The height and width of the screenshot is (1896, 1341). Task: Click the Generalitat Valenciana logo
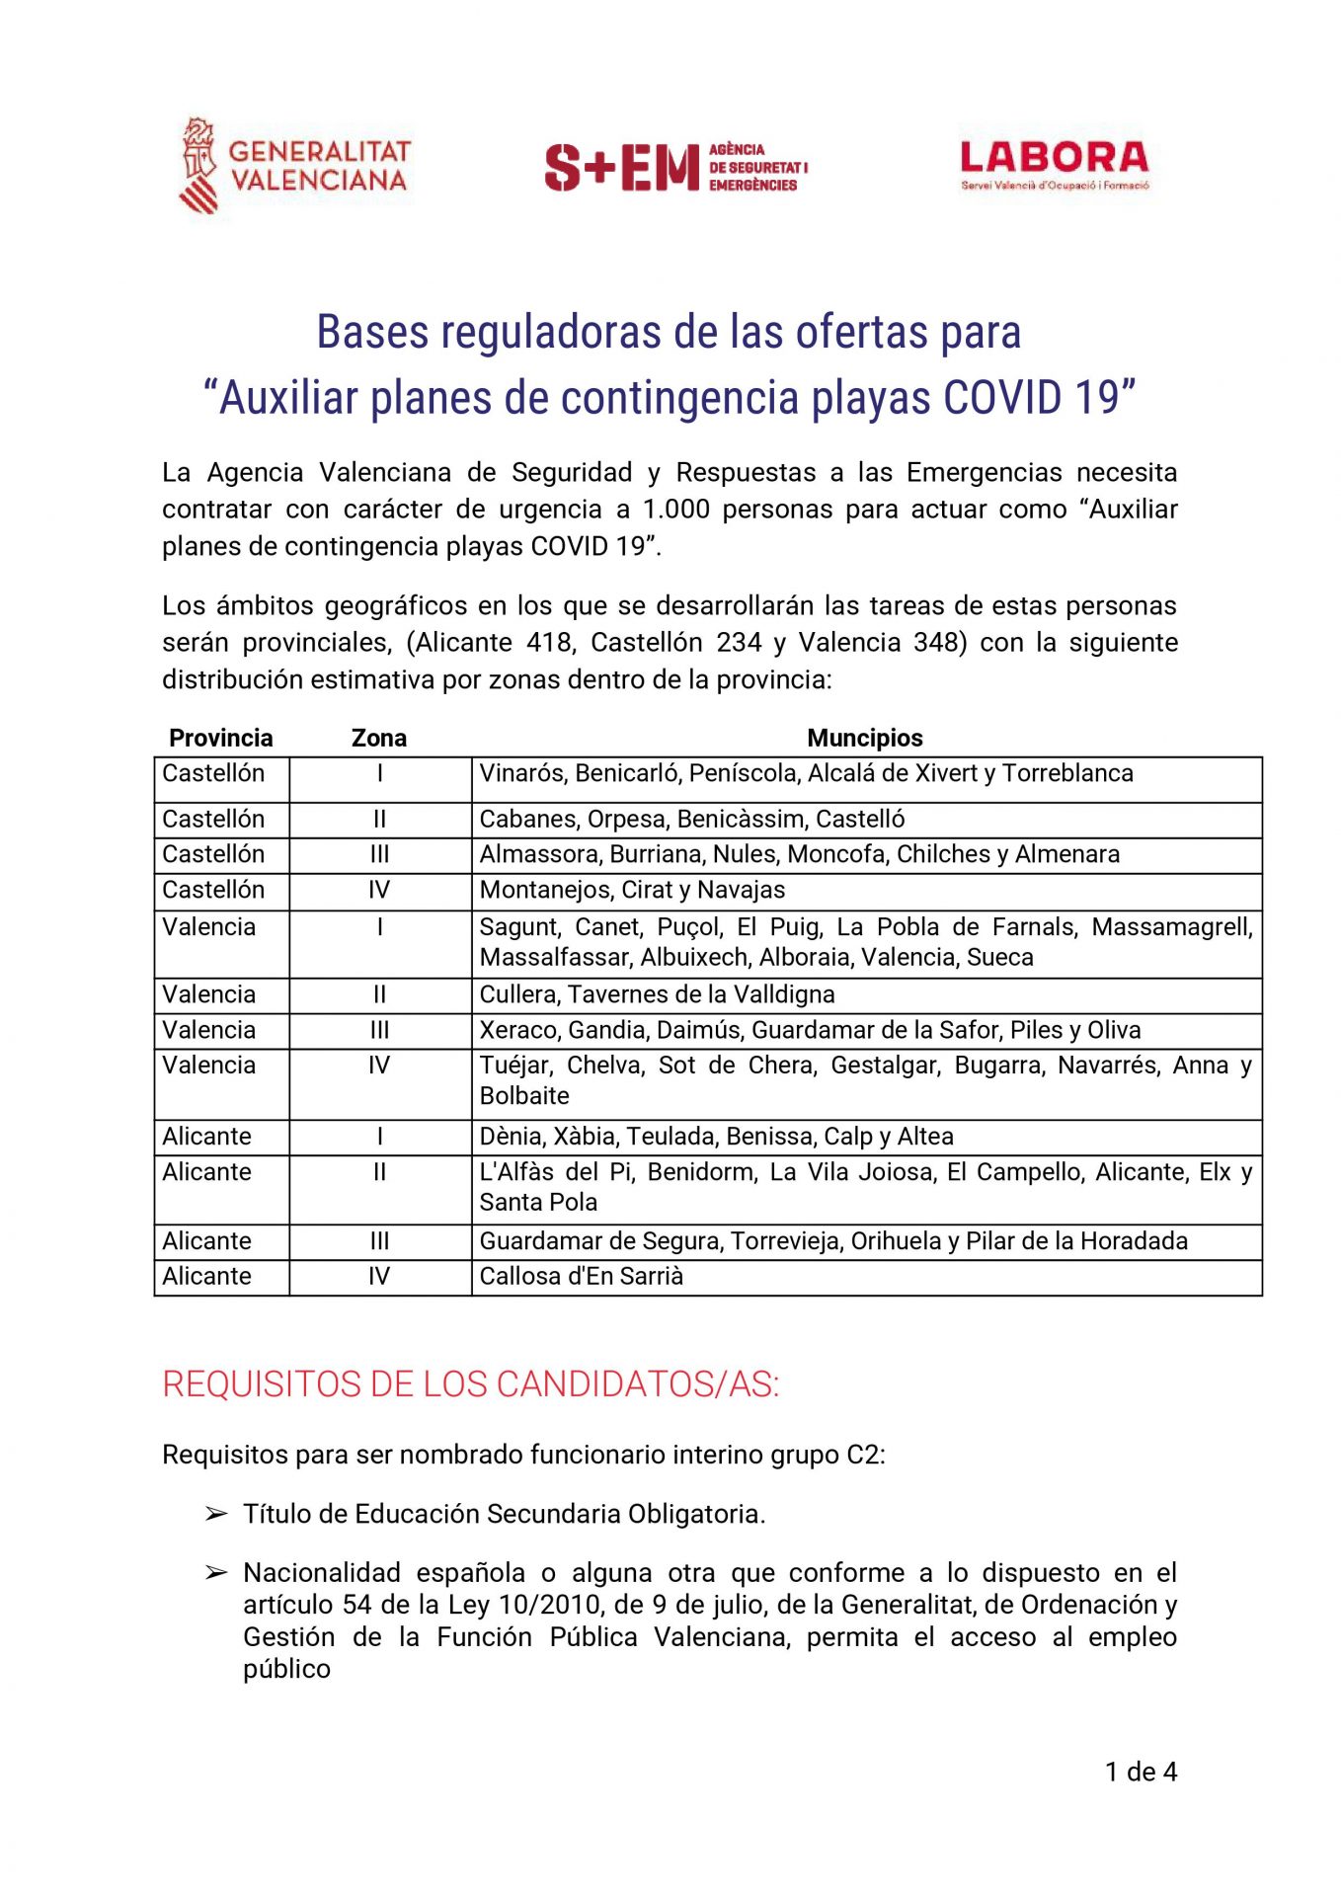(293, 165)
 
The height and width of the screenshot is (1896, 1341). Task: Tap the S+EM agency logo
(675, 167)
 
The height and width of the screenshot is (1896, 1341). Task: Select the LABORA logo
(1054, 164)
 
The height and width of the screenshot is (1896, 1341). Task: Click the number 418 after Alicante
(549, 643)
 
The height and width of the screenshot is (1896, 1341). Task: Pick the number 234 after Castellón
(739, 643)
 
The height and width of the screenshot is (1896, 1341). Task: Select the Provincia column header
(220, 738)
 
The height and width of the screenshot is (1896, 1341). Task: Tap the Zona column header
(379, 738)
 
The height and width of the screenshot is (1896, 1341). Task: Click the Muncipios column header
(864, 738)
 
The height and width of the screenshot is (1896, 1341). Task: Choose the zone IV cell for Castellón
(379, 891)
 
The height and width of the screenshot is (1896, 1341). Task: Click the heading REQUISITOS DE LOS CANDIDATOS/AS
(470, 1384)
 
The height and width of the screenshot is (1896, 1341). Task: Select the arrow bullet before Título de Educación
(215, 1514)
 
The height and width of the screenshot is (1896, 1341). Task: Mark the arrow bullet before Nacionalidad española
(215, 1573)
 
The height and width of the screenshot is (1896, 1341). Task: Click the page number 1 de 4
(1141, 1772)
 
